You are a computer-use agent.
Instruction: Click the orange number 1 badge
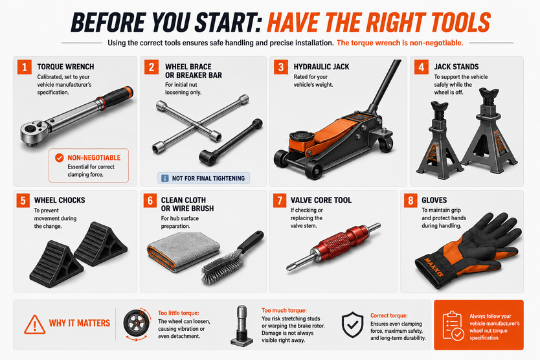pos(25,67)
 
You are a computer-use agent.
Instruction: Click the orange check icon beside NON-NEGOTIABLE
pos(59,158)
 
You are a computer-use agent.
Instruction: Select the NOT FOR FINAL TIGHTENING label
pos(203,178)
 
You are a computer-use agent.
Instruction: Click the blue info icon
pos(165,178)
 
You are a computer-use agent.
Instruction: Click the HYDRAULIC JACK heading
pos(321,67)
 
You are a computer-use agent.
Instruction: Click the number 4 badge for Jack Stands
pos(422,67)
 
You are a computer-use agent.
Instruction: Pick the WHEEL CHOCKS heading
pos(60,200)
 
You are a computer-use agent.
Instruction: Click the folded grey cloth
pos(183,251)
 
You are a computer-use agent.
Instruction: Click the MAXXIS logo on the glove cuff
pos(434,267)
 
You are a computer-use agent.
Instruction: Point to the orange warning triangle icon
pos(34,324)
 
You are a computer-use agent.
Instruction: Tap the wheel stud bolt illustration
pos(242,325)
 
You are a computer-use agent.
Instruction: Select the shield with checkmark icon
pos(352,324)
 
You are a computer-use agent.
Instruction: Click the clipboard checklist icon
pos(453,326)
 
